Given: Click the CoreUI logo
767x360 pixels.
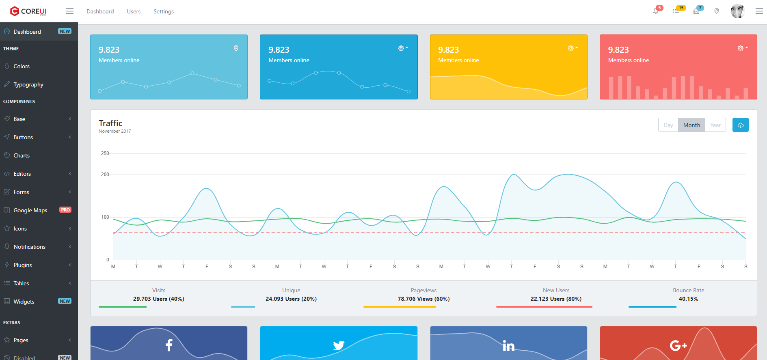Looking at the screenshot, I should [28, 11].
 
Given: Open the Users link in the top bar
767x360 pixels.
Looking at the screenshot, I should [134, 11].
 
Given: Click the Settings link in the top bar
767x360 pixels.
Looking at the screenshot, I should [164, 11].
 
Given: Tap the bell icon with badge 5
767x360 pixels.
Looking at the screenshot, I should [656, 11].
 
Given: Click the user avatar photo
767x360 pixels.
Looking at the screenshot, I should [737, 11].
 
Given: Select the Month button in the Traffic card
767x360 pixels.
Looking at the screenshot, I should [691, 125].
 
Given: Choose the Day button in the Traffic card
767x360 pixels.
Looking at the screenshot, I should [668, 125].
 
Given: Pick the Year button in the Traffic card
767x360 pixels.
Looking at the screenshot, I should [715, 125].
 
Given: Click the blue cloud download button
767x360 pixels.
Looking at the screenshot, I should [741, 125].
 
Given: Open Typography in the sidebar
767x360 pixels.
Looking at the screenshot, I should [28, 84].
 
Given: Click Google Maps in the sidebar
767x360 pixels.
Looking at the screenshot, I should [30, 210].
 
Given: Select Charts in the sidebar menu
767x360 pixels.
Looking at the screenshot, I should [22, 155].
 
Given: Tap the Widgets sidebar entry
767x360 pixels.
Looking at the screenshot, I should [24, 302].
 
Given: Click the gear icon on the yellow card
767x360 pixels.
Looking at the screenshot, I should [571, 48].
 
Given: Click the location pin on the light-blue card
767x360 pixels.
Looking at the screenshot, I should [236, 48].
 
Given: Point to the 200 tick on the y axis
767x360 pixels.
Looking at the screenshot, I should [105, 175].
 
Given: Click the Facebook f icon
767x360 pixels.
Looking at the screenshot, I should [169, 345].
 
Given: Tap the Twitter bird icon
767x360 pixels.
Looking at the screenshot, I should [339, 345].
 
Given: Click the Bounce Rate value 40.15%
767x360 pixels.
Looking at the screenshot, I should [688, 299].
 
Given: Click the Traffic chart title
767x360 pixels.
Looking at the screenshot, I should [110, 123].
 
